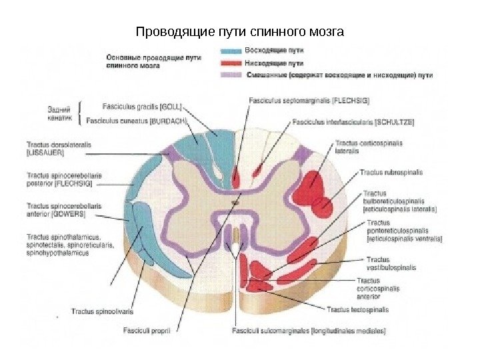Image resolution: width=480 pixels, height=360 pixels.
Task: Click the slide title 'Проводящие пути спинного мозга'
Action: [x=239, y=32]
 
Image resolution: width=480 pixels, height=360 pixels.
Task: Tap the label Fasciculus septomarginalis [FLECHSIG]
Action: [x=309, y=101]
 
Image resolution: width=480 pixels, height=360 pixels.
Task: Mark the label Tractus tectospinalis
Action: [x=357, y=309]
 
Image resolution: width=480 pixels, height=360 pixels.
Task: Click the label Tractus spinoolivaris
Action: [x=102, y=311]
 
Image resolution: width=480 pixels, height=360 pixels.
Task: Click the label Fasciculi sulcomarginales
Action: [x=309, y=330]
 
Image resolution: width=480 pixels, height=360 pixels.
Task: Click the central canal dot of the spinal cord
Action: [x=234, y=201]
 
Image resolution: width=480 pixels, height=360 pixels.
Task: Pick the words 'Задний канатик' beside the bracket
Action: [x=61, y=113]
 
